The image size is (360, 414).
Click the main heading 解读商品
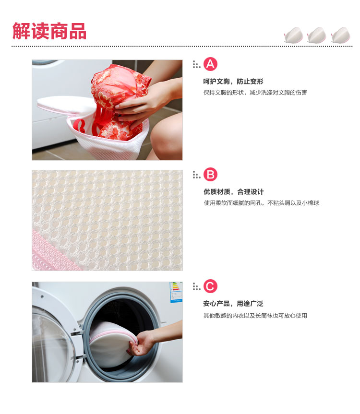coord(49,31)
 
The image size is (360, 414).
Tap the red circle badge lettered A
coord(211,64)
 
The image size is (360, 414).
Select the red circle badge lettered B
coord(211,175)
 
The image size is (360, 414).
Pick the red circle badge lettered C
coord(211,286)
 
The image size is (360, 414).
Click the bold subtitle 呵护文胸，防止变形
coord(233,82)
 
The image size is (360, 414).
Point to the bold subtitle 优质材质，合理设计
coord(233,192)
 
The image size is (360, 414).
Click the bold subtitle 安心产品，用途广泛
coord(233,304)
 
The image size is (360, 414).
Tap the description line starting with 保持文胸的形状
coord(255,92)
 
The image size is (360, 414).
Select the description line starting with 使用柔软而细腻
coord(261,203)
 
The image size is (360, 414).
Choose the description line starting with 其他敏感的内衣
coord(255,315)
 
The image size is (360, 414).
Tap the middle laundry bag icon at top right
coord(317,35)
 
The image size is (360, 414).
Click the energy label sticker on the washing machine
coord(176,292)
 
